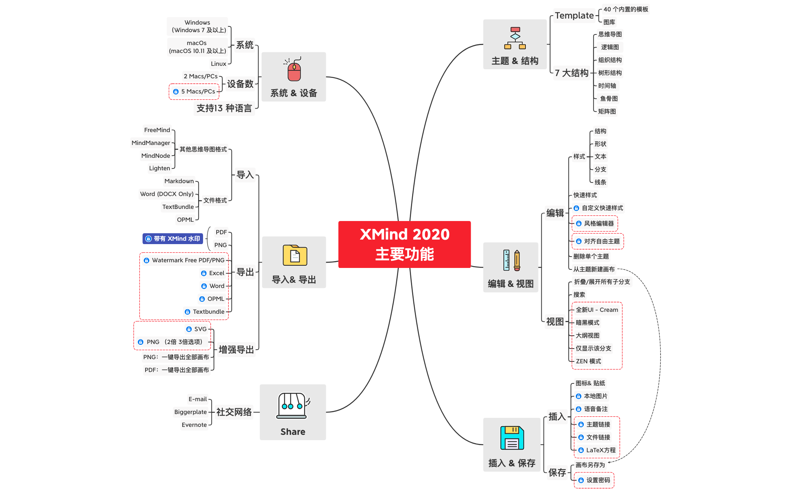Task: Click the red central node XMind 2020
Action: point(404,244)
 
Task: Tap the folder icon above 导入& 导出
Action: point(295,255)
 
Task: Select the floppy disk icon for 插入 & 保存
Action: point(512,438)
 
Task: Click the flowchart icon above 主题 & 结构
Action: point(515,38)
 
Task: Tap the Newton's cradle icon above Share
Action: point(292,405)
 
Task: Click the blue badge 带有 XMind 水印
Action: point(173,239)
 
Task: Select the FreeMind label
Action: point(157,130)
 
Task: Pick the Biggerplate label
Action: point(191,412)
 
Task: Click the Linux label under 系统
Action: point(219,64)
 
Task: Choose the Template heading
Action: point(574,16)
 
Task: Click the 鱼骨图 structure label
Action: point(609,99)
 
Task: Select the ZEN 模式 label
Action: point(588,361)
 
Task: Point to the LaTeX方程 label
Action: point(601,450)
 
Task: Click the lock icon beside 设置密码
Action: point(581,480)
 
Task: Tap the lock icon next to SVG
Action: point(189,329)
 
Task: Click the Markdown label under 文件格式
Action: point(179,181)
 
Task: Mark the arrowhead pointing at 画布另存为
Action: point(609,462)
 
